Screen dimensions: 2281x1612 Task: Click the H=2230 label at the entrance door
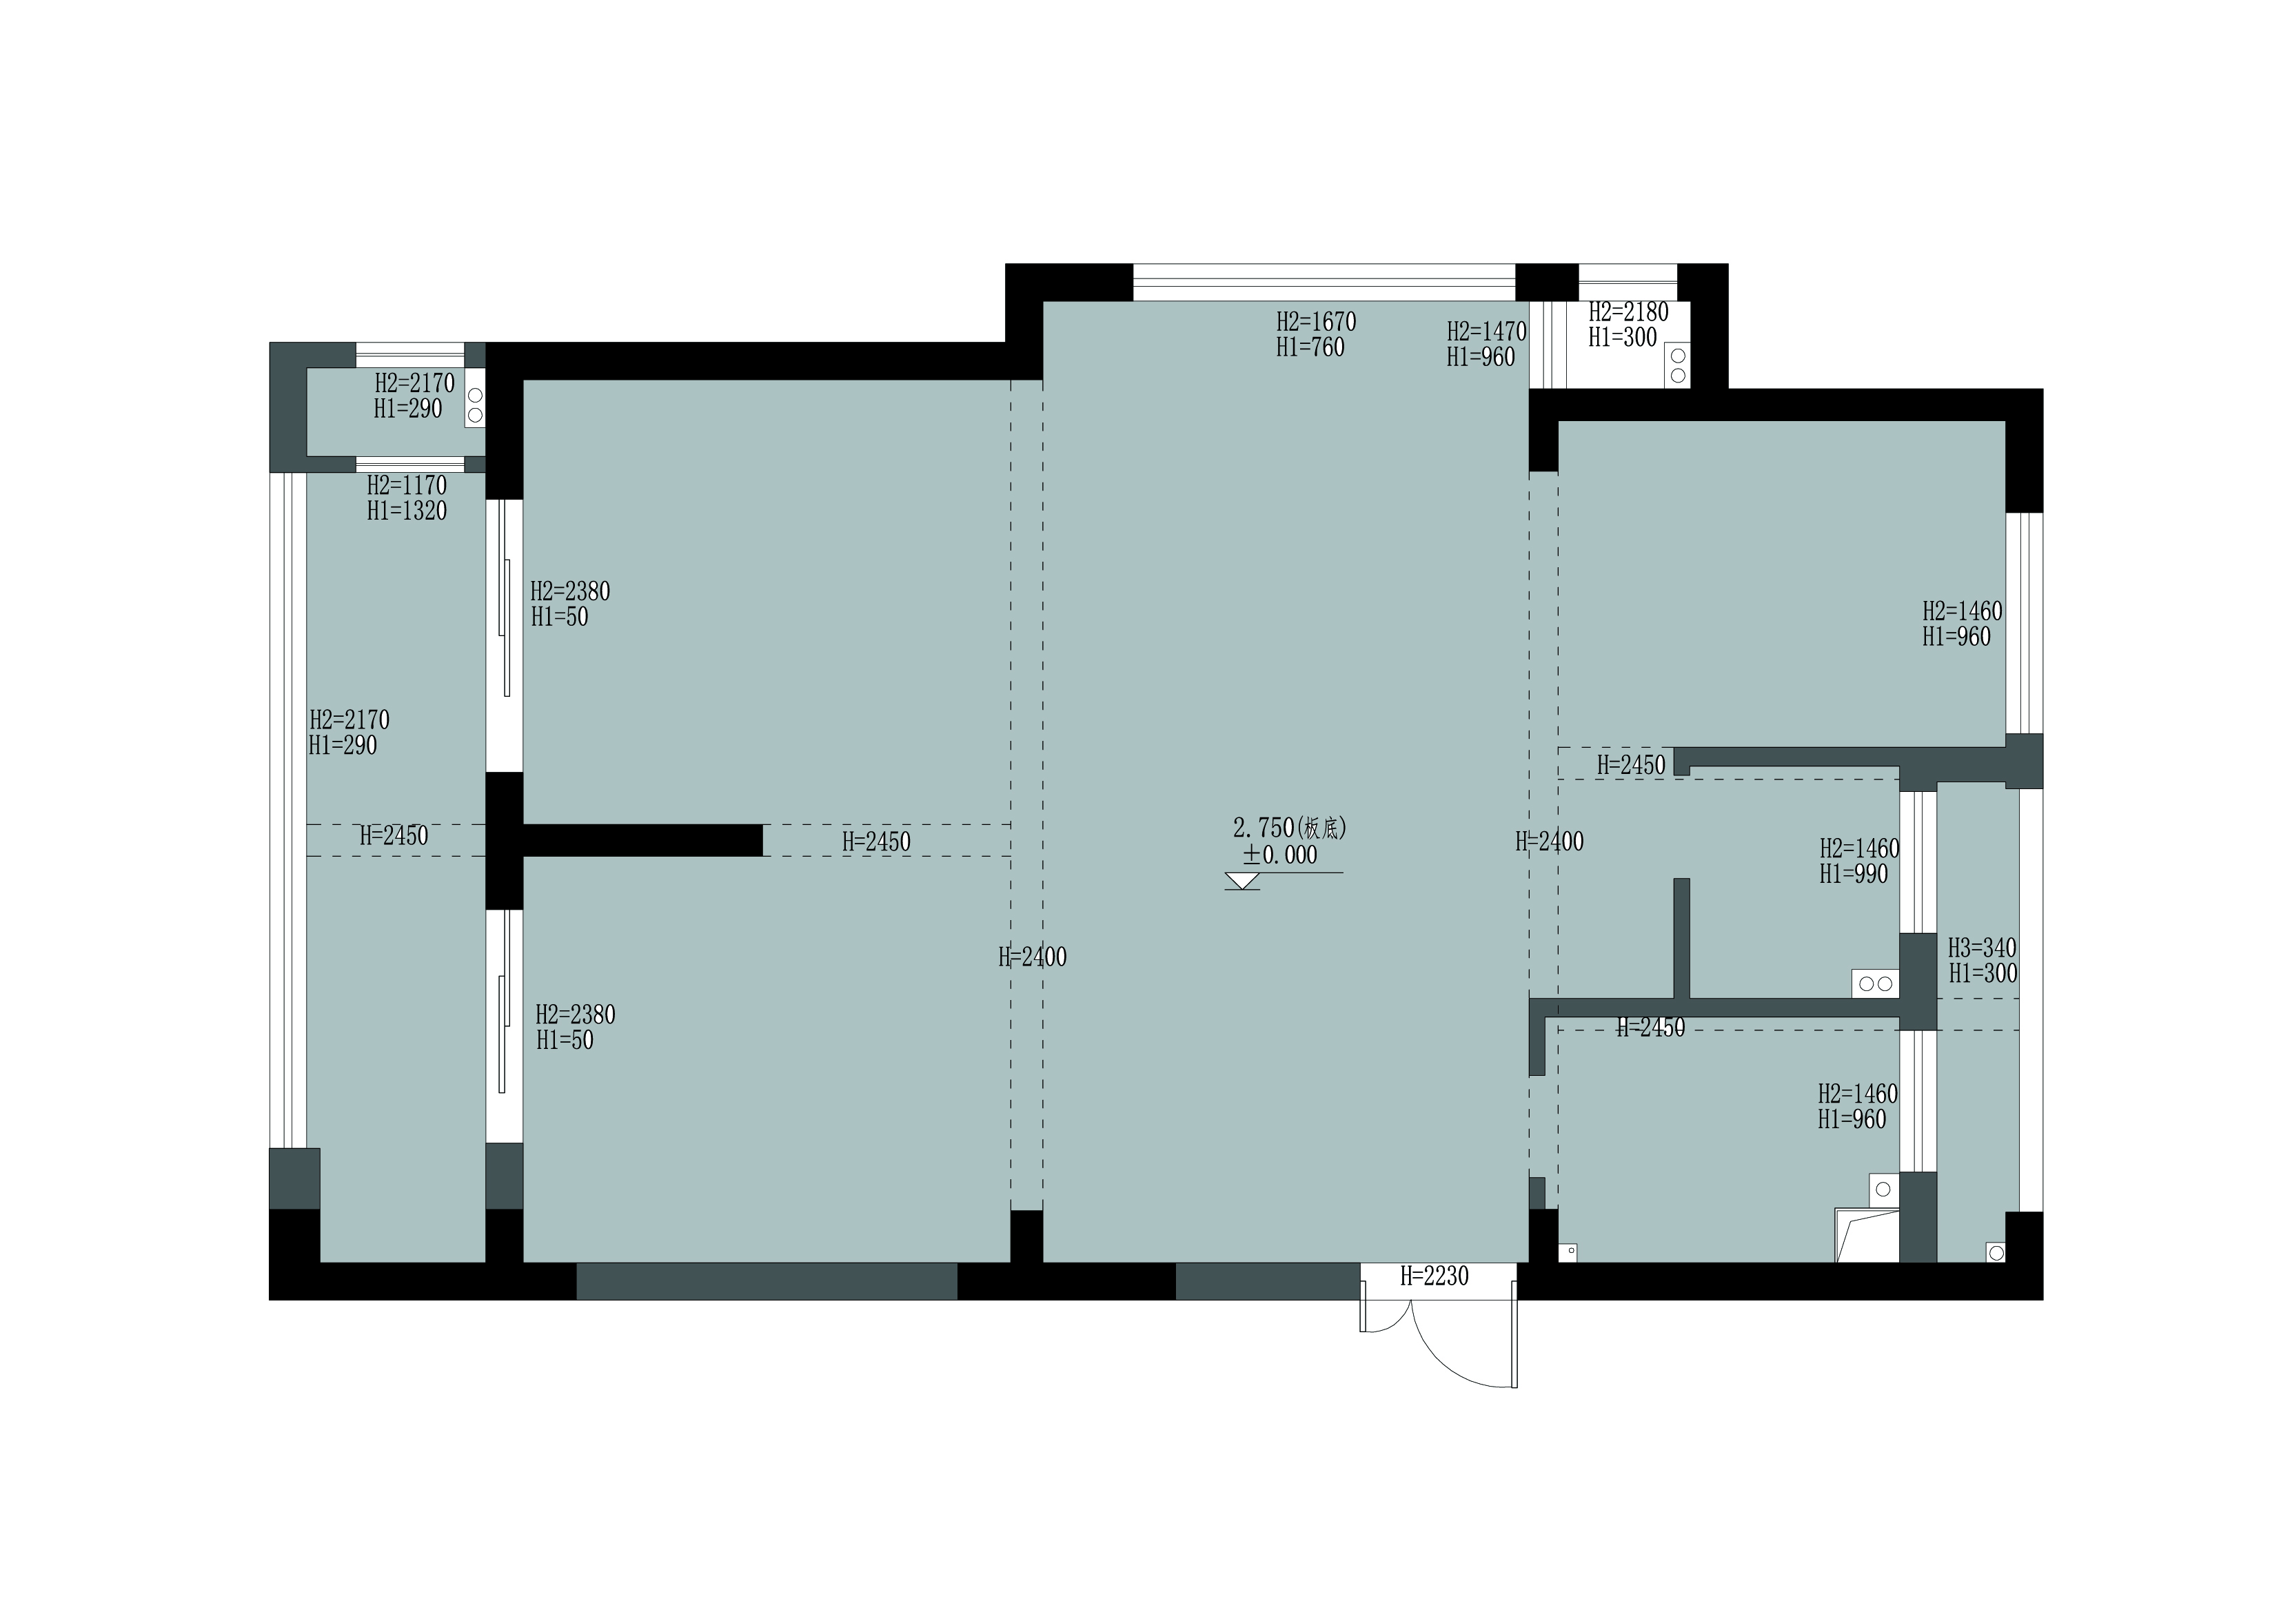(x=1434, y=1276)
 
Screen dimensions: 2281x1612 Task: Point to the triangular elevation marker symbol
(x=1243, y=881)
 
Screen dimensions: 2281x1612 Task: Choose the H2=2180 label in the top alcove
(x=1628, y=312)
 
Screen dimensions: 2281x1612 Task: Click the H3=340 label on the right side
(x=1982, y=948)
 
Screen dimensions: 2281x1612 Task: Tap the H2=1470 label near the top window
(x=1486, y=331)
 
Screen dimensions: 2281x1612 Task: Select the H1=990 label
(x=1854, y=874)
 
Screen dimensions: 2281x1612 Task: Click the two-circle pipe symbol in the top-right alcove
(x=1678, y=365)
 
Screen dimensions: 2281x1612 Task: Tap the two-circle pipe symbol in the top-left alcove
(x=475, y=405)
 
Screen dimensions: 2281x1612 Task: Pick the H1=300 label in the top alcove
(x=1622, y=338)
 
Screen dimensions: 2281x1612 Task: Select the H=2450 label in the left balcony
(x=394, y=836)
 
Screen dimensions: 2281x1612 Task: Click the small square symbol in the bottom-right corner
(x=1995, y=1252)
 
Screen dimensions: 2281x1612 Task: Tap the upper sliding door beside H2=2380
(x=504, y=635)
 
